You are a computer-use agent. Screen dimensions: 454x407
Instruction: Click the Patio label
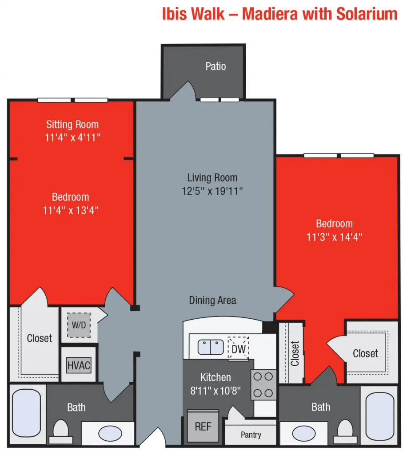[x=215, y=67]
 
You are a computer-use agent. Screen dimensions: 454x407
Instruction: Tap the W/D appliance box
[x=79, y=324]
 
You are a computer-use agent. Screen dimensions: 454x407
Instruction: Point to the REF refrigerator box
[x=203, y=426]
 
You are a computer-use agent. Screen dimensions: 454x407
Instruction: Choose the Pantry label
[x=251, y=434]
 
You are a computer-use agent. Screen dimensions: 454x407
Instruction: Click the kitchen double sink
[x=211, y=347]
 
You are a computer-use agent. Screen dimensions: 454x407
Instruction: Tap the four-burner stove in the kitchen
[x=263, y=384]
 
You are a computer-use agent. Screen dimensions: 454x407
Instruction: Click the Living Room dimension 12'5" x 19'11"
[x=212, y=191]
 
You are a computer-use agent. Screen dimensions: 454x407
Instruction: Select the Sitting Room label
[x=72, y=124]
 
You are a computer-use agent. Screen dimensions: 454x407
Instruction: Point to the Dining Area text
[x=212, y=300]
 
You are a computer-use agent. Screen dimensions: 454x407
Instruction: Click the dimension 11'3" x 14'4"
[x=334, y=237]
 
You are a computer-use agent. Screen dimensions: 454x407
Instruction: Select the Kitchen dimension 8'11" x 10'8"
[x=215, y=391]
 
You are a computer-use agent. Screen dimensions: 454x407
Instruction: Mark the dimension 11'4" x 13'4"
[x=71, y=211]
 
